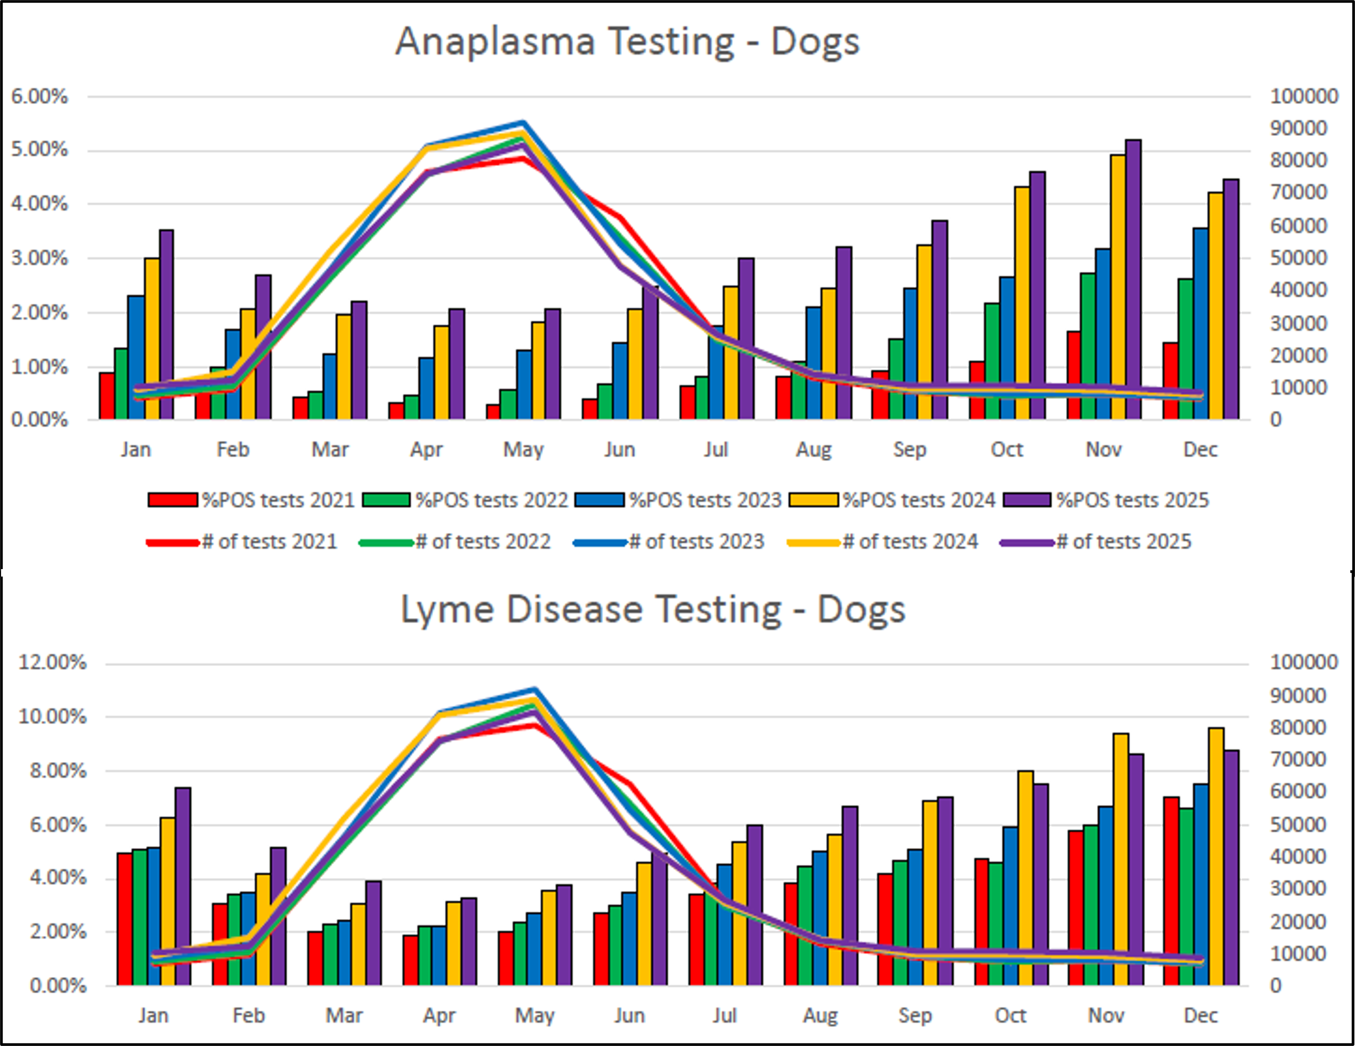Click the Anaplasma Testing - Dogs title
coord(627,42)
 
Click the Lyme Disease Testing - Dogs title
coord(653,610)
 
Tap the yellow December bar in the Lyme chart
coord(1216,856)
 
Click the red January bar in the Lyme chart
coord(125,918)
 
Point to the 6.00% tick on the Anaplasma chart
coord(39,97)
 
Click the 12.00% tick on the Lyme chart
coord(52,662)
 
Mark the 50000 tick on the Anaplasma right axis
coord(1298,257)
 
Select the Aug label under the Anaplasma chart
coord(813,449)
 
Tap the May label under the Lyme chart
coord(534,1016)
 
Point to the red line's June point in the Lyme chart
coord(629,784)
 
